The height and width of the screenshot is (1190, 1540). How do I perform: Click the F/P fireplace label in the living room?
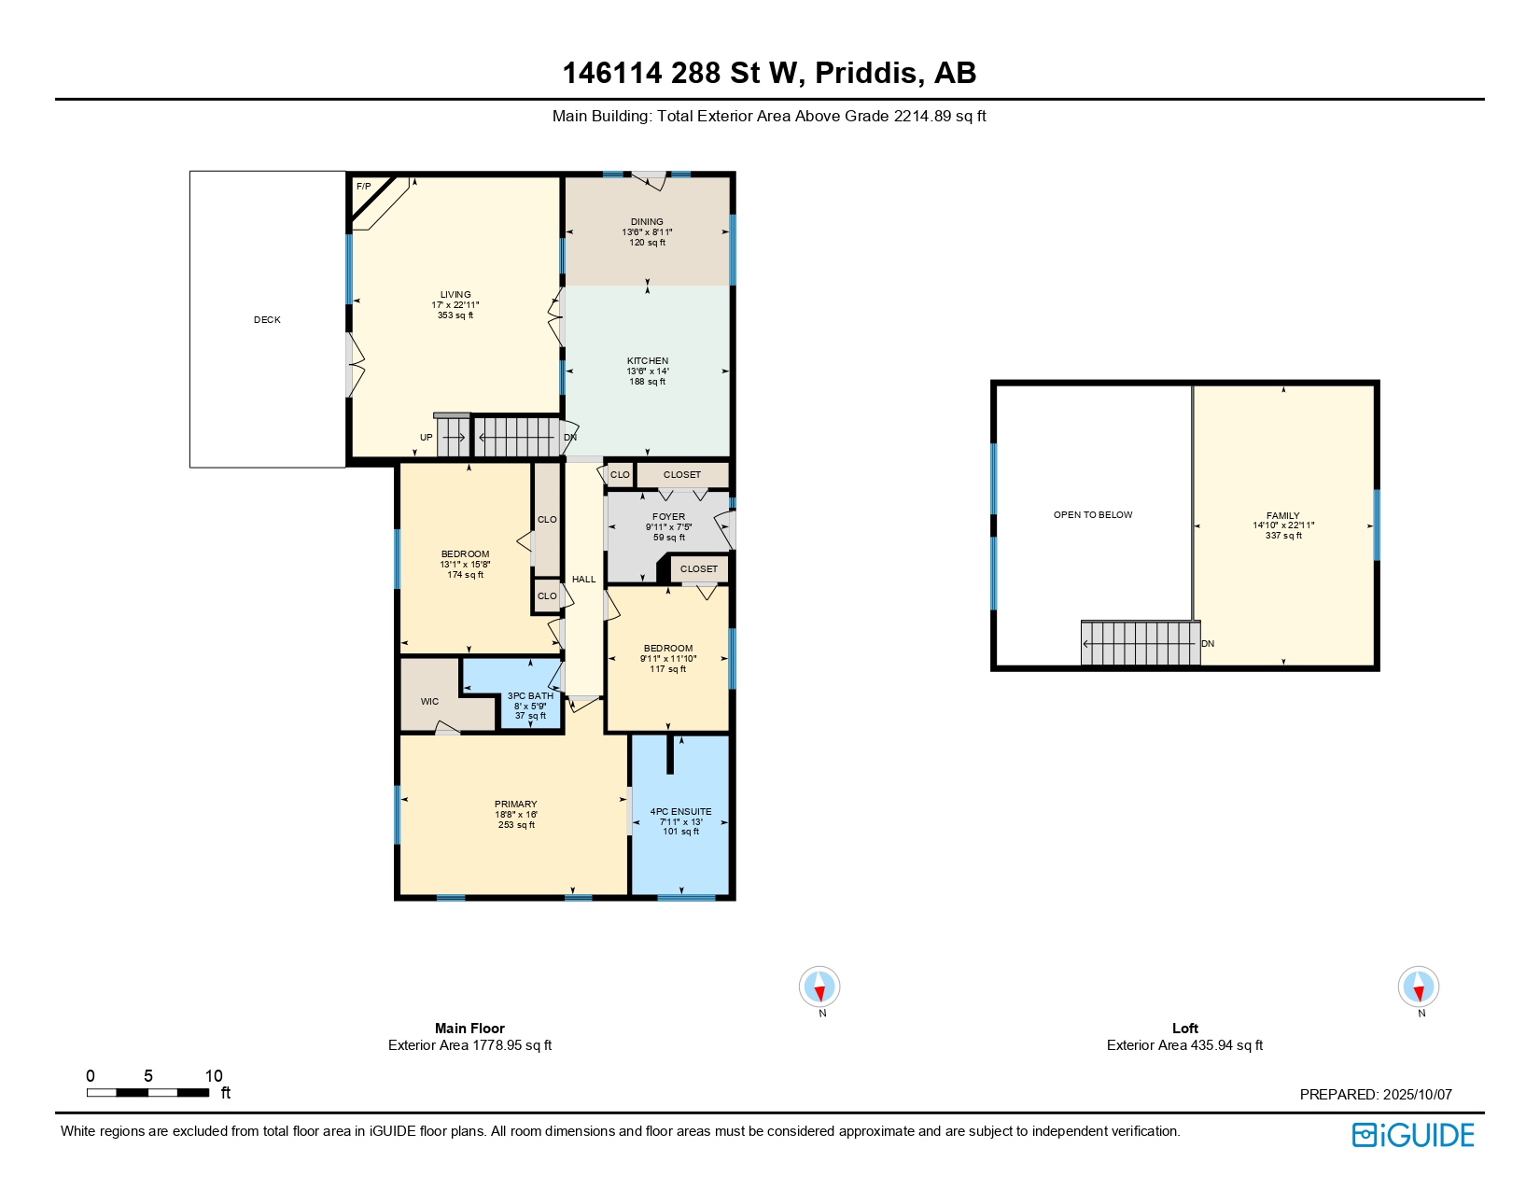pyautogui.click(x=363, y=187)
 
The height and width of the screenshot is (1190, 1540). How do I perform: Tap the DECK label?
pyautogui.click(x=267, y=320)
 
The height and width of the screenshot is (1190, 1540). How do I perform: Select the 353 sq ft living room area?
pyautogui.click(x=455, y=315)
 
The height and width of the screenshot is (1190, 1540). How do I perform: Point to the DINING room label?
pyautogui.click(x=647, y=222)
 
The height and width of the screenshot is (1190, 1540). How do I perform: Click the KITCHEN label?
pyautogui.click(x=648, y=361)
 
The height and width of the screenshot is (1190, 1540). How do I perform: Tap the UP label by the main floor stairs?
pyautogui.click(x=426, y=438)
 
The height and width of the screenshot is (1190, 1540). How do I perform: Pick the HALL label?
pyautogui.click(x=584, y=580)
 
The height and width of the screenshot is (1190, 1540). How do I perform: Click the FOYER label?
pyautogui.click(x=668, y=517)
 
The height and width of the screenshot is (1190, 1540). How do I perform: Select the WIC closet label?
pyautogui.click(x=429, y=702)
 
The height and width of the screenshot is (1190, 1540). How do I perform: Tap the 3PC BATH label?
pyautogui.click(x=530, y=696)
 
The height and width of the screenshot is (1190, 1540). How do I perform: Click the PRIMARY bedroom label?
pyautogui.click(x=516, y=805)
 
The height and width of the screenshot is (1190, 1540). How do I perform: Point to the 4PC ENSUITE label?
pyautogui.click(x=680, y=812)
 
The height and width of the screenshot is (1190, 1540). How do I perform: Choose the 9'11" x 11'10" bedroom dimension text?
pyautogui.click(x=668, y=659)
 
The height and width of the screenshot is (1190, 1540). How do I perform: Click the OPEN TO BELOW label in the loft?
pyautogui.click(x=1093, y=515)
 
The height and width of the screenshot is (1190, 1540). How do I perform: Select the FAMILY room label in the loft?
pyautogui.click(x=1283, y=516)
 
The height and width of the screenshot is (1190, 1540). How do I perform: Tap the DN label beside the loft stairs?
pyautogui.click(x=1208, y=644)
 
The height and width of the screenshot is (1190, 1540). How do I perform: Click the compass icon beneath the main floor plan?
pyautogui.click(x=819, y=987)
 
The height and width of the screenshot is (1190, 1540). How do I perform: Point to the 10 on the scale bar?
pyautogui.click(x=214, y=1076)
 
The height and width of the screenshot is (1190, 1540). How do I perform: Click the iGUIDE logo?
pyautogui.click(x=1413, y=1136)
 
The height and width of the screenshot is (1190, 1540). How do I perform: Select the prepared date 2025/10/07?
pyautogui.click(x=1417, y=1095)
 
